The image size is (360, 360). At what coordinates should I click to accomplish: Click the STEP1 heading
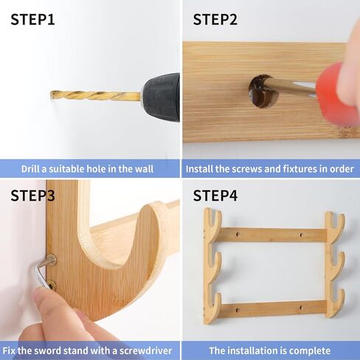point(32,20)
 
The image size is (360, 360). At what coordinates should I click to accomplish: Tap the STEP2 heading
point(215,20)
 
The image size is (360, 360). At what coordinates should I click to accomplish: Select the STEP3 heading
point(32,195)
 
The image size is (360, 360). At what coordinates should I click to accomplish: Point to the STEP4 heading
point(215,195)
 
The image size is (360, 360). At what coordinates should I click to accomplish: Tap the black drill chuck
point(161,97)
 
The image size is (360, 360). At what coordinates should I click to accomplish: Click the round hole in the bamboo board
point(263,91)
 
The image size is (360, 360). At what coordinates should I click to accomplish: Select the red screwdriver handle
point(338,94)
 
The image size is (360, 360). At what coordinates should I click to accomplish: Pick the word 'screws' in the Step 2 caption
point(247,169)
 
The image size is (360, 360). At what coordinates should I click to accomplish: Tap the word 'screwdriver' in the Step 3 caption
point(145,350)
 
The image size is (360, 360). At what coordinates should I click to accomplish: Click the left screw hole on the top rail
point(238,235)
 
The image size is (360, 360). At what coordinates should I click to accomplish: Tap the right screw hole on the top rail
point(302,235)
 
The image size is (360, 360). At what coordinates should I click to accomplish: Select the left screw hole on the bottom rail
point(238,310)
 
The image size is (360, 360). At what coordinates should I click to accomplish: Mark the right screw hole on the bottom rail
point(301,308)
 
